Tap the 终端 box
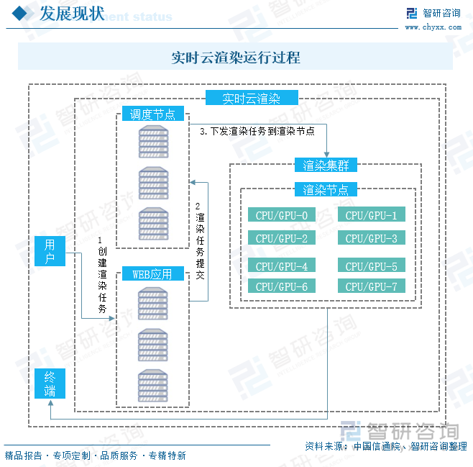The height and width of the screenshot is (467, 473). pos(50,383)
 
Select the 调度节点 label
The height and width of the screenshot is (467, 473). pos(152,114)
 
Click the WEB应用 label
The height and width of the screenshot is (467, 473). pos(152,274)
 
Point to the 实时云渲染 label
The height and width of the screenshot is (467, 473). pos(251,99)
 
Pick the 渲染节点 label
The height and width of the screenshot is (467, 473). pos(326,190)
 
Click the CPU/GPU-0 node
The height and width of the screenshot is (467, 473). pos(282,215)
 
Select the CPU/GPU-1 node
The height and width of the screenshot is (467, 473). pos(371,215)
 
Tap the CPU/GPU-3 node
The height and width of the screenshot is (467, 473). pos(371,238)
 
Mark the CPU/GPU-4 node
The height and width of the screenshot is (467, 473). pos(282,266)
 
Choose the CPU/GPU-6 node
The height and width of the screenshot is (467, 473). pos(282,286)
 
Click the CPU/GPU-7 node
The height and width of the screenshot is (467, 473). pos(371,286)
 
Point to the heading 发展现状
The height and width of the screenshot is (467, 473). pos(70,14)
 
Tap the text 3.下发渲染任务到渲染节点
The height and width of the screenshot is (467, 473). pos(257,132)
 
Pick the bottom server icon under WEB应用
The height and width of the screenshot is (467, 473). pos(153,385)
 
